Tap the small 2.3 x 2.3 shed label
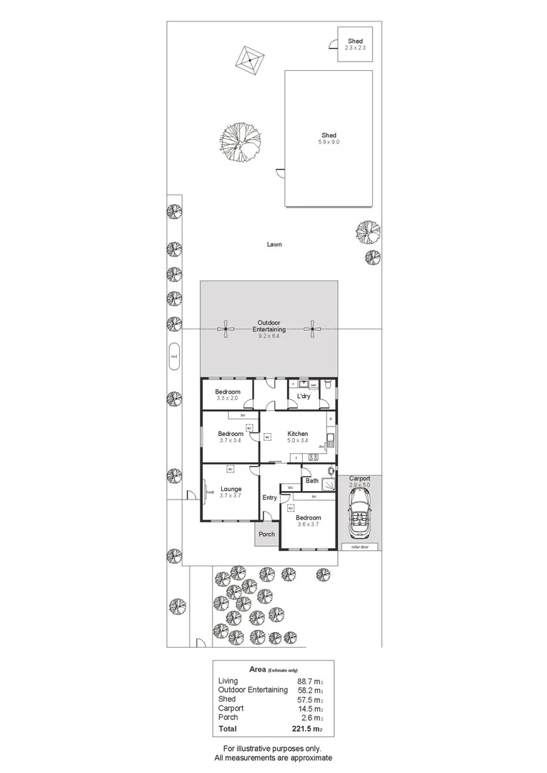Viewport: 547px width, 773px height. [x=355, y=47]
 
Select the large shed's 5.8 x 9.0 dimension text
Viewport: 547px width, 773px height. [x=329, y=142]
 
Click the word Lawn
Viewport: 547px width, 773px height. [x=274, y=244]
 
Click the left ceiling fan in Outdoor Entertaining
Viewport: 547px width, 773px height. [x=226, y=329]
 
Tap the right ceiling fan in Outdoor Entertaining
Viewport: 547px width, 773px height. [x=311, y=329]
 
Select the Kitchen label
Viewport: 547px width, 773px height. [x=298, y=434]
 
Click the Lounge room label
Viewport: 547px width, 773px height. [x=231, y=490]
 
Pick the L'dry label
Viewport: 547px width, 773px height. [x=304, y=395]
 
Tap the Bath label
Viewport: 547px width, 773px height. [x=312, y=480]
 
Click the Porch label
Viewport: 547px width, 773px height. [x=266, y=534]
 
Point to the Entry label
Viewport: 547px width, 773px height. [x=269, y=497]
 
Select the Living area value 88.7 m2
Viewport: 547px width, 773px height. [x=309, y=681]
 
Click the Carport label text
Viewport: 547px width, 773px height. [x=359, y=479]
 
